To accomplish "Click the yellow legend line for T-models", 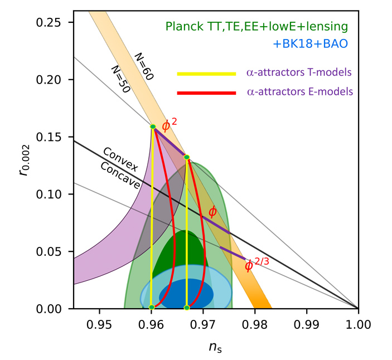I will (x=206, y=74).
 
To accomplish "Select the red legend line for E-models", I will (x=206, y=91).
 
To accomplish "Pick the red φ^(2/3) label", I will (x=257, y=264).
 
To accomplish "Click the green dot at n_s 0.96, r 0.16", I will (x=153, y=127).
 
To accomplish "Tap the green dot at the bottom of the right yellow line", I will (x=187, y=307).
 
